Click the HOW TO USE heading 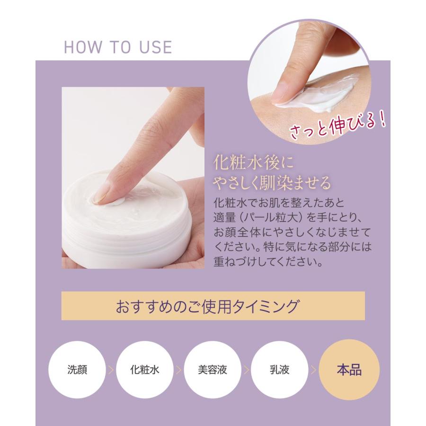[117, 48]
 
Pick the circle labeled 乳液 [280, 369]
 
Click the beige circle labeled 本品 [349, 369]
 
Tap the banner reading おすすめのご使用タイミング [213, 306]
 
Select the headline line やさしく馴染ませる [272, 182]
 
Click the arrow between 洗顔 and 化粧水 [111, 370]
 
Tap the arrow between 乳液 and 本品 [313, 370]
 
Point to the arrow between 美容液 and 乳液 [246, 370]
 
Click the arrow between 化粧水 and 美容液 [178, 370]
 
